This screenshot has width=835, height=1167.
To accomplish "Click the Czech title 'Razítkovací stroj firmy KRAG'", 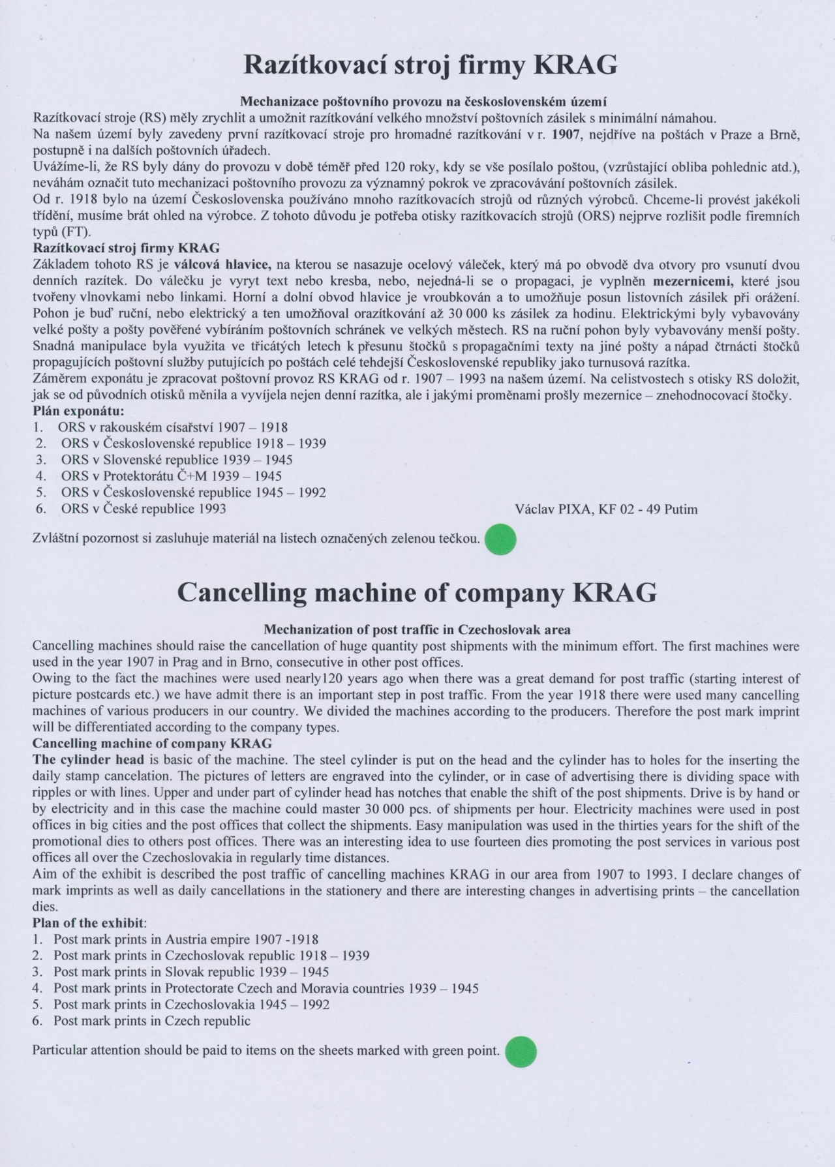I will (430, 66).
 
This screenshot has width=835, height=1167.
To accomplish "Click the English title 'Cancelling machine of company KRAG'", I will (417, 592).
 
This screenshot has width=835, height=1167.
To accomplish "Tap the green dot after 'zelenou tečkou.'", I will (501, 539).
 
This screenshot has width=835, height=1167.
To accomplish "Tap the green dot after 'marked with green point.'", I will (521, 1052).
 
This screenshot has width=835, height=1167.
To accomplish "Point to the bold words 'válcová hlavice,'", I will (222, 265).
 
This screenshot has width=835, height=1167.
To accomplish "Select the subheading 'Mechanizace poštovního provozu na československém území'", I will (424, 102).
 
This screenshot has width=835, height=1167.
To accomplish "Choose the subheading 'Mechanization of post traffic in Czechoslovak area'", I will (417, 629).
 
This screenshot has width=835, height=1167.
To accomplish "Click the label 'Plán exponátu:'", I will (78, 411).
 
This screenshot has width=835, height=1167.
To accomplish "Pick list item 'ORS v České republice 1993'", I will (144, 509).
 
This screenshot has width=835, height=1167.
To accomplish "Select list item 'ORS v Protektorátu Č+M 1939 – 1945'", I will (172, 476).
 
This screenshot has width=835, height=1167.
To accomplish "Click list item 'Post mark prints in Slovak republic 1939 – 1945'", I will (191, 972).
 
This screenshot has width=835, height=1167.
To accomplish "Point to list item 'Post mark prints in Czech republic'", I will (152, 1021).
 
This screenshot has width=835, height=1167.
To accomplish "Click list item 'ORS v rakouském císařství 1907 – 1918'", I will (173, 427).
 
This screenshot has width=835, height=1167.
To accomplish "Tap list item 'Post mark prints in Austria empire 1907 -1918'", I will (186, 939).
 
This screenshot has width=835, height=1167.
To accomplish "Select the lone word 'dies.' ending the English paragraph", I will (45, 907).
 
